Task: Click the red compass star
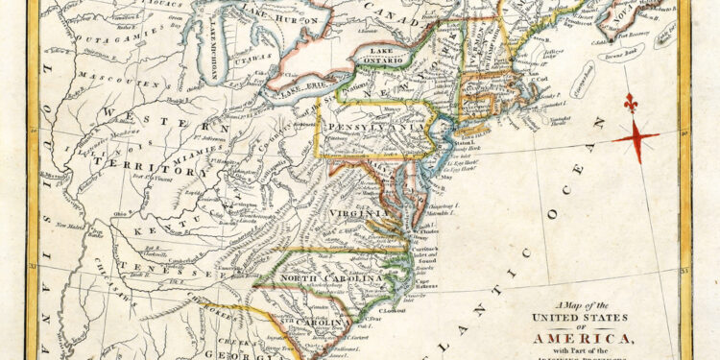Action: pos(636,137)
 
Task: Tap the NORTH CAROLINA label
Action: pos(332,277)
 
